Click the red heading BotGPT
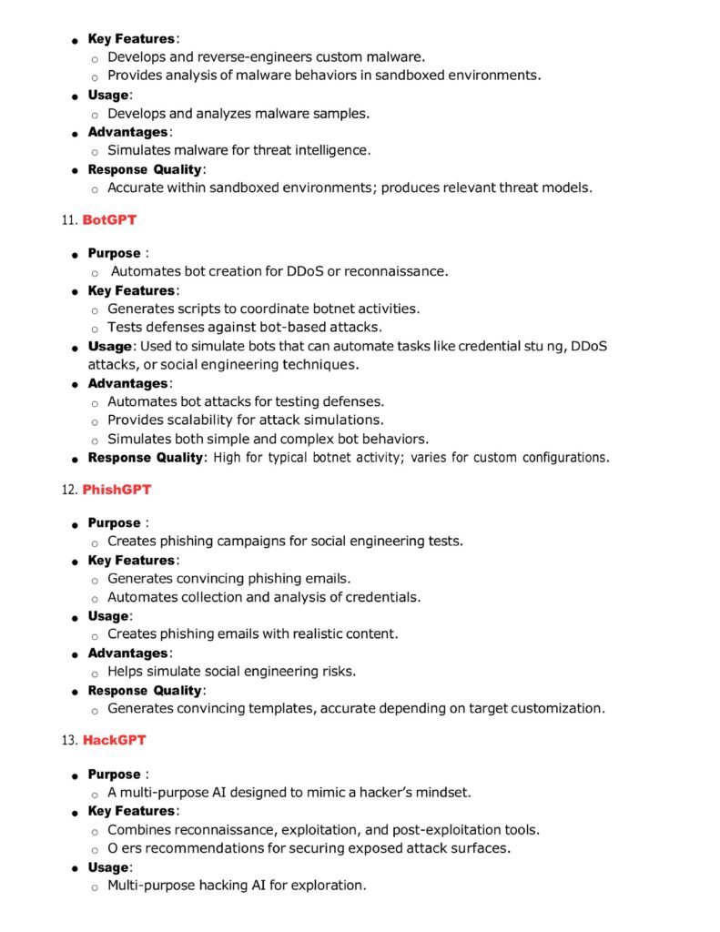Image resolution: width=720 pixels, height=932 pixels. [x=109, y=220]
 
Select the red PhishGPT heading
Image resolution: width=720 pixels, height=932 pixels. [x=117, y=490]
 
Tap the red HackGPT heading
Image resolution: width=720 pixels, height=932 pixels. [x=114, y=741]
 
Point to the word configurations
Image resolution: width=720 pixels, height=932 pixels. [x=558, y=457]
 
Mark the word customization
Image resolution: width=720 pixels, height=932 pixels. [x=553, y=708]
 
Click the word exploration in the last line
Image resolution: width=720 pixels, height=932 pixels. [x=330, y=885]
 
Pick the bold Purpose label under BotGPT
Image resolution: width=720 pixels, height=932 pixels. [x=114, y=253]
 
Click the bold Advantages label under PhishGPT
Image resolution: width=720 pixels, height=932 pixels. [x=127, y=653]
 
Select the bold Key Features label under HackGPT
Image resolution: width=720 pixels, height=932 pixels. [x=131, y=811]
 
